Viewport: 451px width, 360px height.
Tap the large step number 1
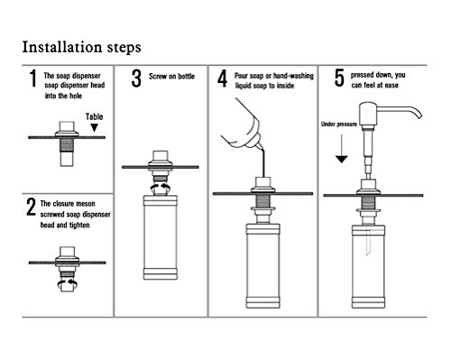point(32,78)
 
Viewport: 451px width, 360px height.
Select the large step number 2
point(31,207)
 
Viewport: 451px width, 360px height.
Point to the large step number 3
point(136,78)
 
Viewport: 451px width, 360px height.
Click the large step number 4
point(222,78)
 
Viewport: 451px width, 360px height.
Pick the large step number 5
point(339,78)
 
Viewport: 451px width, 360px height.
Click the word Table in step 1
point(94,116)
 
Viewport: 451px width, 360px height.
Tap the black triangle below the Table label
point(95,127)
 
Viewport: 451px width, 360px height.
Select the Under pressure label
point(339,125)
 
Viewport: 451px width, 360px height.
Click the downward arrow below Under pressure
point(342,149)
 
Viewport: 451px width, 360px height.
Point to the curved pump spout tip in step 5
point(419,115)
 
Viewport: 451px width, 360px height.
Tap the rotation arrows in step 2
point(68,283)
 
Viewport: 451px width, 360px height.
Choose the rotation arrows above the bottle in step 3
point(161,188)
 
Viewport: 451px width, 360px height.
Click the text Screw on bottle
point(171,77)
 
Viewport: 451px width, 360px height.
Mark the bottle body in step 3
point(161,237)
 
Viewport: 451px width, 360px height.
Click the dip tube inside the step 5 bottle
point(368,241)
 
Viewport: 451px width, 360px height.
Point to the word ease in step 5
point(391,86)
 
